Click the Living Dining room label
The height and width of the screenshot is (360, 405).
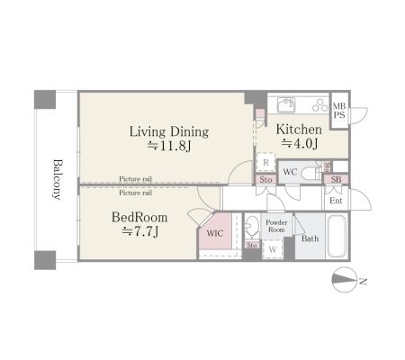coord(169,132)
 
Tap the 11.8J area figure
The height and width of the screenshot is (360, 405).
coord(169,146)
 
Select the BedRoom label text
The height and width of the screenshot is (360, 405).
coord(139,217)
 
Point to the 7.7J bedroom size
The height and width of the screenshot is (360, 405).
coord(140,231)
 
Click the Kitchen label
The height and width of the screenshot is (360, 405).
coord(299,130)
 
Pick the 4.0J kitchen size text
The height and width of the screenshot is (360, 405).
coord(300,144)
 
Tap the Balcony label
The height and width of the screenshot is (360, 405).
coord(58,179)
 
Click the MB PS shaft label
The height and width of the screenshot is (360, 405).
coord(339,111)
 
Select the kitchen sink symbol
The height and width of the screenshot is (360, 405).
coord(286,104)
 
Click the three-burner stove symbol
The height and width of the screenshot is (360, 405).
coord(320,104)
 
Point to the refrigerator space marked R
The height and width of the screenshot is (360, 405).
coord(265,163)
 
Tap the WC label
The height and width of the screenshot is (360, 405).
coord(290,172)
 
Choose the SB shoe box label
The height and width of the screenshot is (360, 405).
coord(336,179)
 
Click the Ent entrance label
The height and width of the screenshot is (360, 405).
coord(336,201)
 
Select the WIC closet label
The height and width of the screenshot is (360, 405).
coord(215,233)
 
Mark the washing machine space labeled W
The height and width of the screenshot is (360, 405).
coord(273,249)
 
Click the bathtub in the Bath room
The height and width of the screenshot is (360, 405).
coord(337,236)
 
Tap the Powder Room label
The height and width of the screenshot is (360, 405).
coord(276,226)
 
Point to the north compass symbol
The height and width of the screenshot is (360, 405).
coord(345,280)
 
